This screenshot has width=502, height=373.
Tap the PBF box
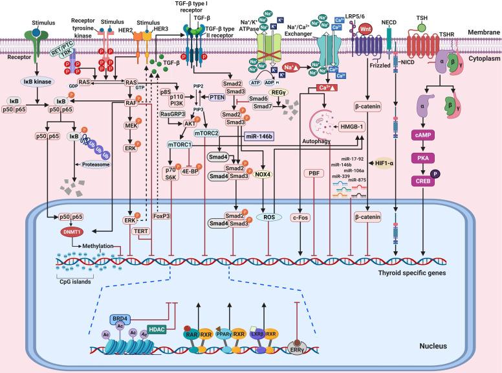coord(315,191)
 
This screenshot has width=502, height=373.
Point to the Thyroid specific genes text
coord(411,275)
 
